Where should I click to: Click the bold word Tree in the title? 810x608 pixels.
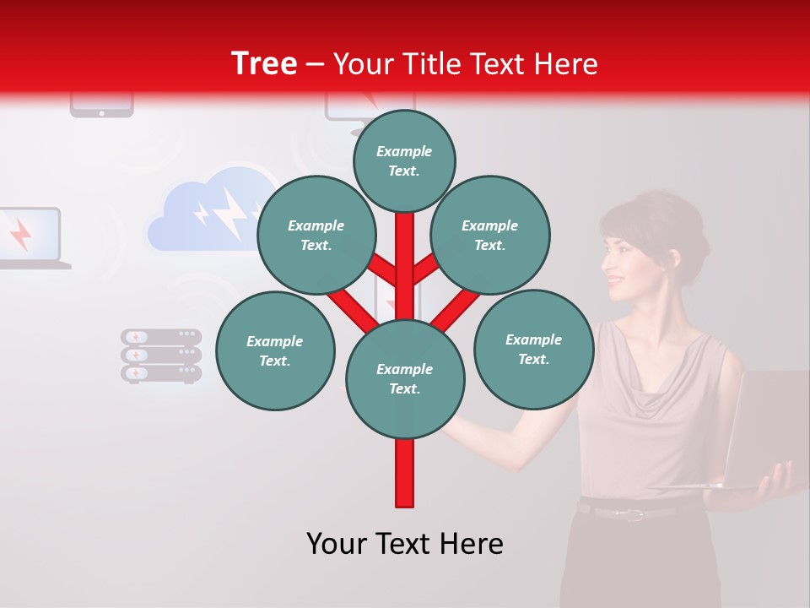[264, 63]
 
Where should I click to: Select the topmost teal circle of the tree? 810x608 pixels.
[404, 160]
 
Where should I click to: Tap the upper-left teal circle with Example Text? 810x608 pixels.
[316, 235]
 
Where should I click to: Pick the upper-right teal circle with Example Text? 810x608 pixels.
[490, 235]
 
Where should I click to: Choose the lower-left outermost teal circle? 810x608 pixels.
[275, 350]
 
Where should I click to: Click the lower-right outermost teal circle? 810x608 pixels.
[533, 349]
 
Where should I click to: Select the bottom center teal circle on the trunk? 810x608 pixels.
[405, 379]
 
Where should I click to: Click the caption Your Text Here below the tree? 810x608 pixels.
[405, 544]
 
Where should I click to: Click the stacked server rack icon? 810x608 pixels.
[161, 356]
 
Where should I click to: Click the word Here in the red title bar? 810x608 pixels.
[567, 63]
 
